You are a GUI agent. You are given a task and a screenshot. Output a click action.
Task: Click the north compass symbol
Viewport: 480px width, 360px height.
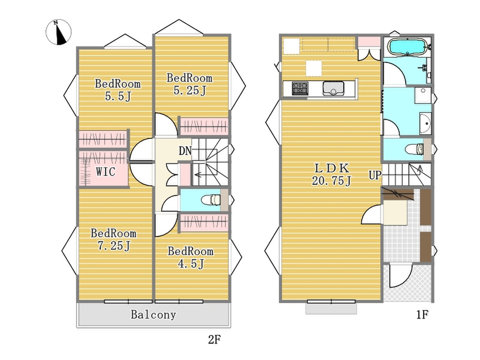tap(58, 32)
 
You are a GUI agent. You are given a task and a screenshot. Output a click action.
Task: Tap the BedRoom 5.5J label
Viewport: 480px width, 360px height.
tap(118, 90)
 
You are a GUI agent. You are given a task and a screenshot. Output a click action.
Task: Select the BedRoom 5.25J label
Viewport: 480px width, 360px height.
tap(189, 84)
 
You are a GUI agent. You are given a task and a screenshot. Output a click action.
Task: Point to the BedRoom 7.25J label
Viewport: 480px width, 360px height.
tap(113, 239)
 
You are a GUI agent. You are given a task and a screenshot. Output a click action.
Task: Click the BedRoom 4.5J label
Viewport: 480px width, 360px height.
tap(190, 257)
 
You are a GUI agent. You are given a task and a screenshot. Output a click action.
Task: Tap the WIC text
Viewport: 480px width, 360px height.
tap(106, 172)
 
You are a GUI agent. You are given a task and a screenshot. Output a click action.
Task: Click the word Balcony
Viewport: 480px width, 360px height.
tap(153, 315)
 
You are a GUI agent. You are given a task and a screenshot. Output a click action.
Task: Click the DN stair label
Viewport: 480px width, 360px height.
tap(185, 151)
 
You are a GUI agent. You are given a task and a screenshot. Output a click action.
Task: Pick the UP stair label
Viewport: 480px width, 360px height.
tap(375, 175)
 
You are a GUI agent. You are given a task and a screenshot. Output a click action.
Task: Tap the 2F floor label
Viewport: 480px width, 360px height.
tap(214, 339)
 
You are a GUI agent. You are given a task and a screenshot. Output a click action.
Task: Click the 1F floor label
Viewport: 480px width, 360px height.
tap(422, 315)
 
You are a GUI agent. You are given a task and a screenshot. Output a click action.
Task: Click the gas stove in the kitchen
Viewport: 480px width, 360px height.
tap(300, 89)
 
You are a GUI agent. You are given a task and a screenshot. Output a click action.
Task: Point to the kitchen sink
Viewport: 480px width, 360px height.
tap(333, 89)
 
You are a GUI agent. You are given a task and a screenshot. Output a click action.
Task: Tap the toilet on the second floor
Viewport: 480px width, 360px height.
tap(211, 200)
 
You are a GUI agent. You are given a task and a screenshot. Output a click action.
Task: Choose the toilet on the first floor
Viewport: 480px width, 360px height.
tap(415, 150)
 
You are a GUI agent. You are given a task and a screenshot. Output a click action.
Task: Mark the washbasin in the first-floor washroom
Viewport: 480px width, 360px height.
tap(426, 123)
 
